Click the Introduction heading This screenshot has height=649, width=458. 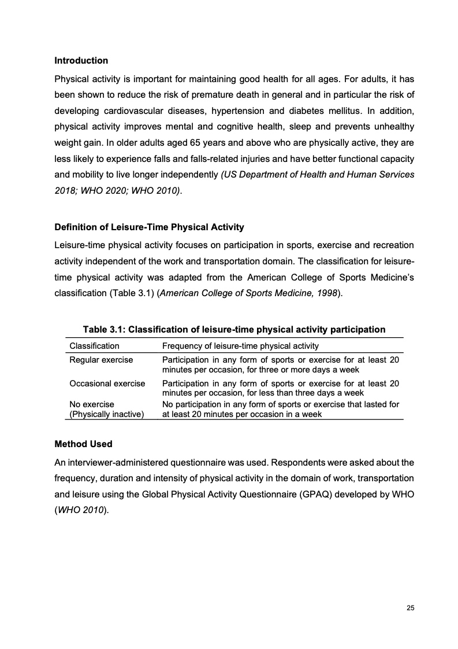coord(81,61)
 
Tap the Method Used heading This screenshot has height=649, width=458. coord(83,444)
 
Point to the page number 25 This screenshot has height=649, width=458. coord(411,608)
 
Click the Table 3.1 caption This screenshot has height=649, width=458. coord(234,330)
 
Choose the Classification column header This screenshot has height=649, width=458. coord(94,346)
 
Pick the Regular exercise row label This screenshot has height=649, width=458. coord(101,360)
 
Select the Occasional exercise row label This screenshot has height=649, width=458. coord(107,383)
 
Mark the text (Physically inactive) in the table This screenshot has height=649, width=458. coord(106,414)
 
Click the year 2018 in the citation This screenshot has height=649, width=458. coord(64,190)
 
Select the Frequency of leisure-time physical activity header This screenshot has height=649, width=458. coord(240,346)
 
